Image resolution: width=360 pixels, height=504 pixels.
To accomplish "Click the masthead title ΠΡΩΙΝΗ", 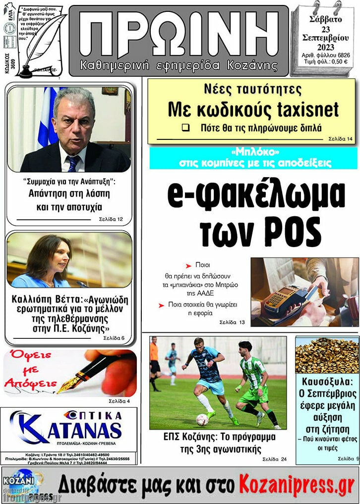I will [x=179, y=34].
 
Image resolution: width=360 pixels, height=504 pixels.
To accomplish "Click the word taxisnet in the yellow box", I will [x=307, y=109].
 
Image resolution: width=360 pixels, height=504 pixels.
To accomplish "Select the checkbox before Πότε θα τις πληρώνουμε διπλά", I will [x=185, y=127].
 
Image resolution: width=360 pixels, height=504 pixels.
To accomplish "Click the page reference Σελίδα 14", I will [x=341, y=139].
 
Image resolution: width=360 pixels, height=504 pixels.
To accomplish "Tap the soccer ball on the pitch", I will [x=202, y=420].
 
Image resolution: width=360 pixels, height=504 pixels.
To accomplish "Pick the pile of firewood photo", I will [x=327, y=355].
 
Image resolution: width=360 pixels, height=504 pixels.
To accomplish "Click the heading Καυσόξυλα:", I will [x=327, y=382].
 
